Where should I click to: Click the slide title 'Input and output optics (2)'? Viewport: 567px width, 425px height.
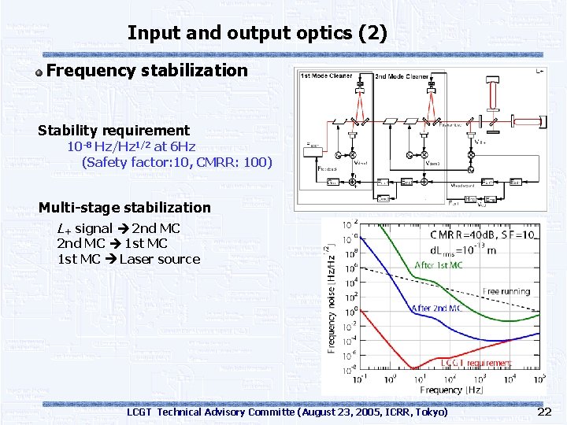click(257, 33)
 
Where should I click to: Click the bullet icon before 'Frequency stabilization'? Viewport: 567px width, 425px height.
click(39, 72)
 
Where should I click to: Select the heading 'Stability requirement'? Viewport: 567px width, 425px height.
click(113, 130)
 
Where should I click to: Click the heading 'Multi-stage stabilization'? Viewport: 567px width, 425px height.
click(124, 208)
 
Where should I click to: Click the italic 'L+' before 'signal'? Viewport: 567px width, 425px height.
click(64, 228)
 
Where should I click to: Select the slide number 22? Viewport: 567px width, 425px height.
click(544, 412)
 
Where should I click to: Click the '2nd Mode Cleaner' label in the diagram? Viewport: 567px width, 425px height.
click(401, 76)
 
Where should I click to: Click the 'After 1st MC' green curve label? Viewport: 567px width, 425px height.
click(439, 265)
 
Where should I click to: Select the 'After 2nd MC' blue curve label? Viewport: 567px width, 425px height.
click(436, 309)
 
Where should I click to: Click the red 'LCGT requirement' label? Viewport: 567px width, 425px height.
click(475, 362)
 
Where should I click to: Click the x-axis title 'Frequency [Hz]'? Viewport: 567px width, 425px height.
click(441, 390)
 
